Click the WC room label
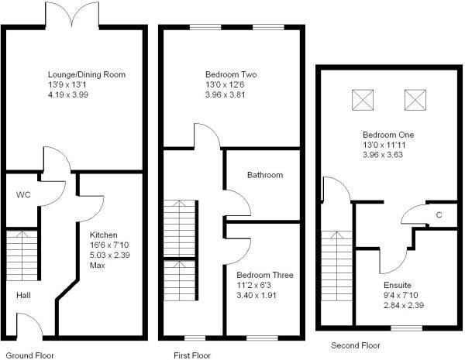(23, 195)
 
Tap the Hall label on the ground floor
(23, 295)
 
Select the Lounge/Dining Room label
(87, 74)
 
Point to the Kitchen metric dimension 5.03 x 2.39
(110, 255)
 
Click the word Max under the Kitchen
(98, 266)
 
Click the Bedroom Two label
(231, 74)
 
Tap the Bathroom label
(265, 175)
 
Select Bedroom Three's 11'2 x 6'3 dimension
(254, 285)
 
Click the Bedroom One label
(388, 135)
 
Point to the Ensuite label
(398, 285)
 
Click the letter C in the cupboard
(439, 215)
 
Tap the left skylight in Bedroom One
(363, 100)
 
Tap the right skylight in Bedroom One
(415, 100)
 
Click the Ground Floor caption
(30, 355)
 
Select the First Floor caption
(192, 355)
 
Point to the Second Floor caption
(356, 345)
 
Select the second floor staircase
(337, 266)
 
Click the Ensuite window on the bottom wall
(407, 328)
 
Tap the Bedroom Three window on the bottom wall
(263, 338)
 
